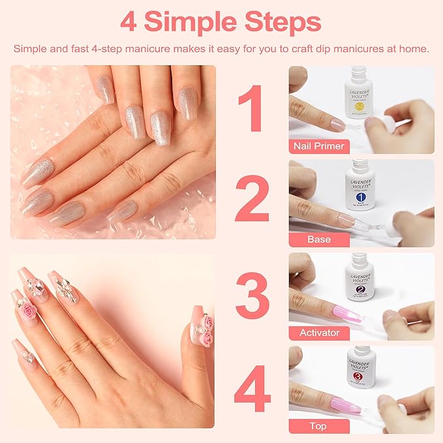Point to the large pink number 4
(x=252, y=390)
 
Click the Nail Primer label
(x=319, y=146)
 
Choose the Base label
(x=319, y=239)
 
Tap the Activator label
(x=319, y=333)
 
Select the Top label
(x=319, y=426)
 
